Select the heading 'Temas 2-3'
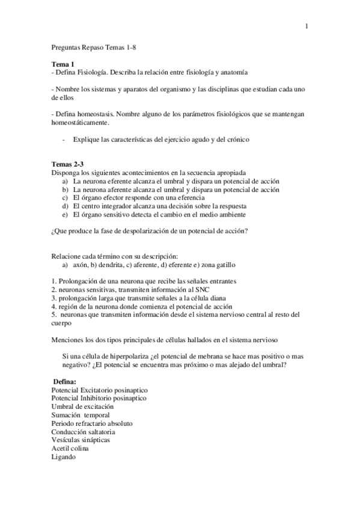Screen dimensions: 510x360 point(67,164)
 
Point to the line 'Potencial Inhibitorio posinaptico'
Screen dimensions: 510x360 point(99,398)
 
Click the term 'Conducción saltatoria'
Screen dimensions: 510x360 point(84,432)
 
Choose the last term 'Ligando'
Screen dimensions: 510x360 point(64,457)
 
